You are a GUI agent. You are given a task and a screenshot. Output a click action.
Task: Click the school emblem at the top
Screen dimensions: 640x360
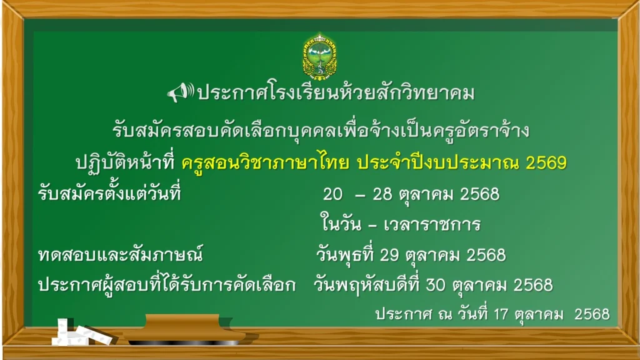(320, 56)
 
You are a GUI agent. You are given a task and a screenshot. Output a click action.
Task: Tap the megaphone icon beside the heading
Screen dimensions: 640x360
(180, 92)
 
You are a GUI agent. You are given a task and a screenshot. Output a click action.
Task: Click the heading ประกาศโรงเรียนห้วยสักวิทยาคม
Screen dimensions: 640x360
(336, 92)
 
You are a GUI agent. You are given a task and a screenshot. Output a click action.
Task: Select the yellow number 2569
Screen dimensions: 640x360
(546, 163)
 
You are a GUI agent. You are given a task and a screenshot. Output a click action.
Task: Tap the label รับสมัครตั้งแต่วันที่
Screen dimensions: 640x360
(109, 192)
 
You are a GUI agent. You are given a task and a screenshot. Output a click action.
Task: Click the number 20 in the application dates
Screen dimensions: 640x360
(332, 194)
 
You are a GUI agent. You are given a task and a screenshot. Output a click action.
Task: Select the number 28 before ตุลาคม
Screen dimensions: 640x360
(382, 194)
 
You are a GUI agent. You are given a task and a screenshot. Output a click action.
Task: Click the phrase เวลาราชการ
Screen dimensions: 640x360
(432, 225)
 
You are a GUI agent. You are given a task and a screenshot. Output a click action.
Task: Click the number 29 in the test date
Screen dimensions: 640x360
(389, 255)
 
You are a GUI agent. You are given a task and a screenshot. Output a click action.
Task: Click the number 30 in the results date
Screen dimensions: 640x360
(436, 285)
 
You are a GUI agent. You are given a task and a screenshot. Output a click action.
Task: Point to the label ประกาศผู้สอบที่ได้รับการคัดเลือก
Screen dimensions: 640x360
(166, 284)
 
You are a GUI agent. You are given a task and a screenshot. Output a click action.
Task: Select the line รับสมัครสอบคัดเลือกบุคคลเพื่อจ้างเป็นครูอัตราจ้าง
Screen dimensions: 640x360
(321, 130)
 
